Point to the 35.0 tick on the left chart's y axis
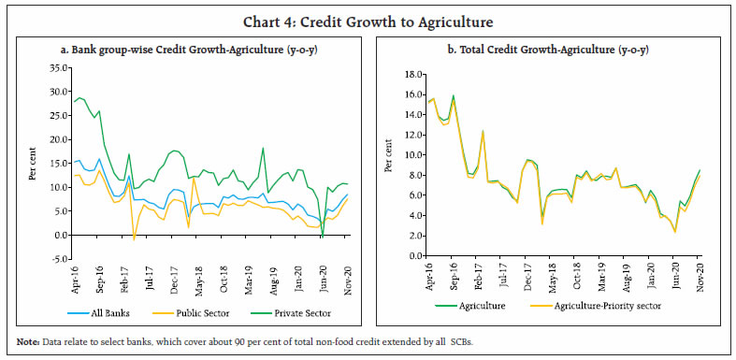tap(58, 68)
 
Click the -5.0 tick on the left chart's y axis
tap(58, 259)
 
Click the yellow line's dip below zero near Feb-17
tap(135, 239)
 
